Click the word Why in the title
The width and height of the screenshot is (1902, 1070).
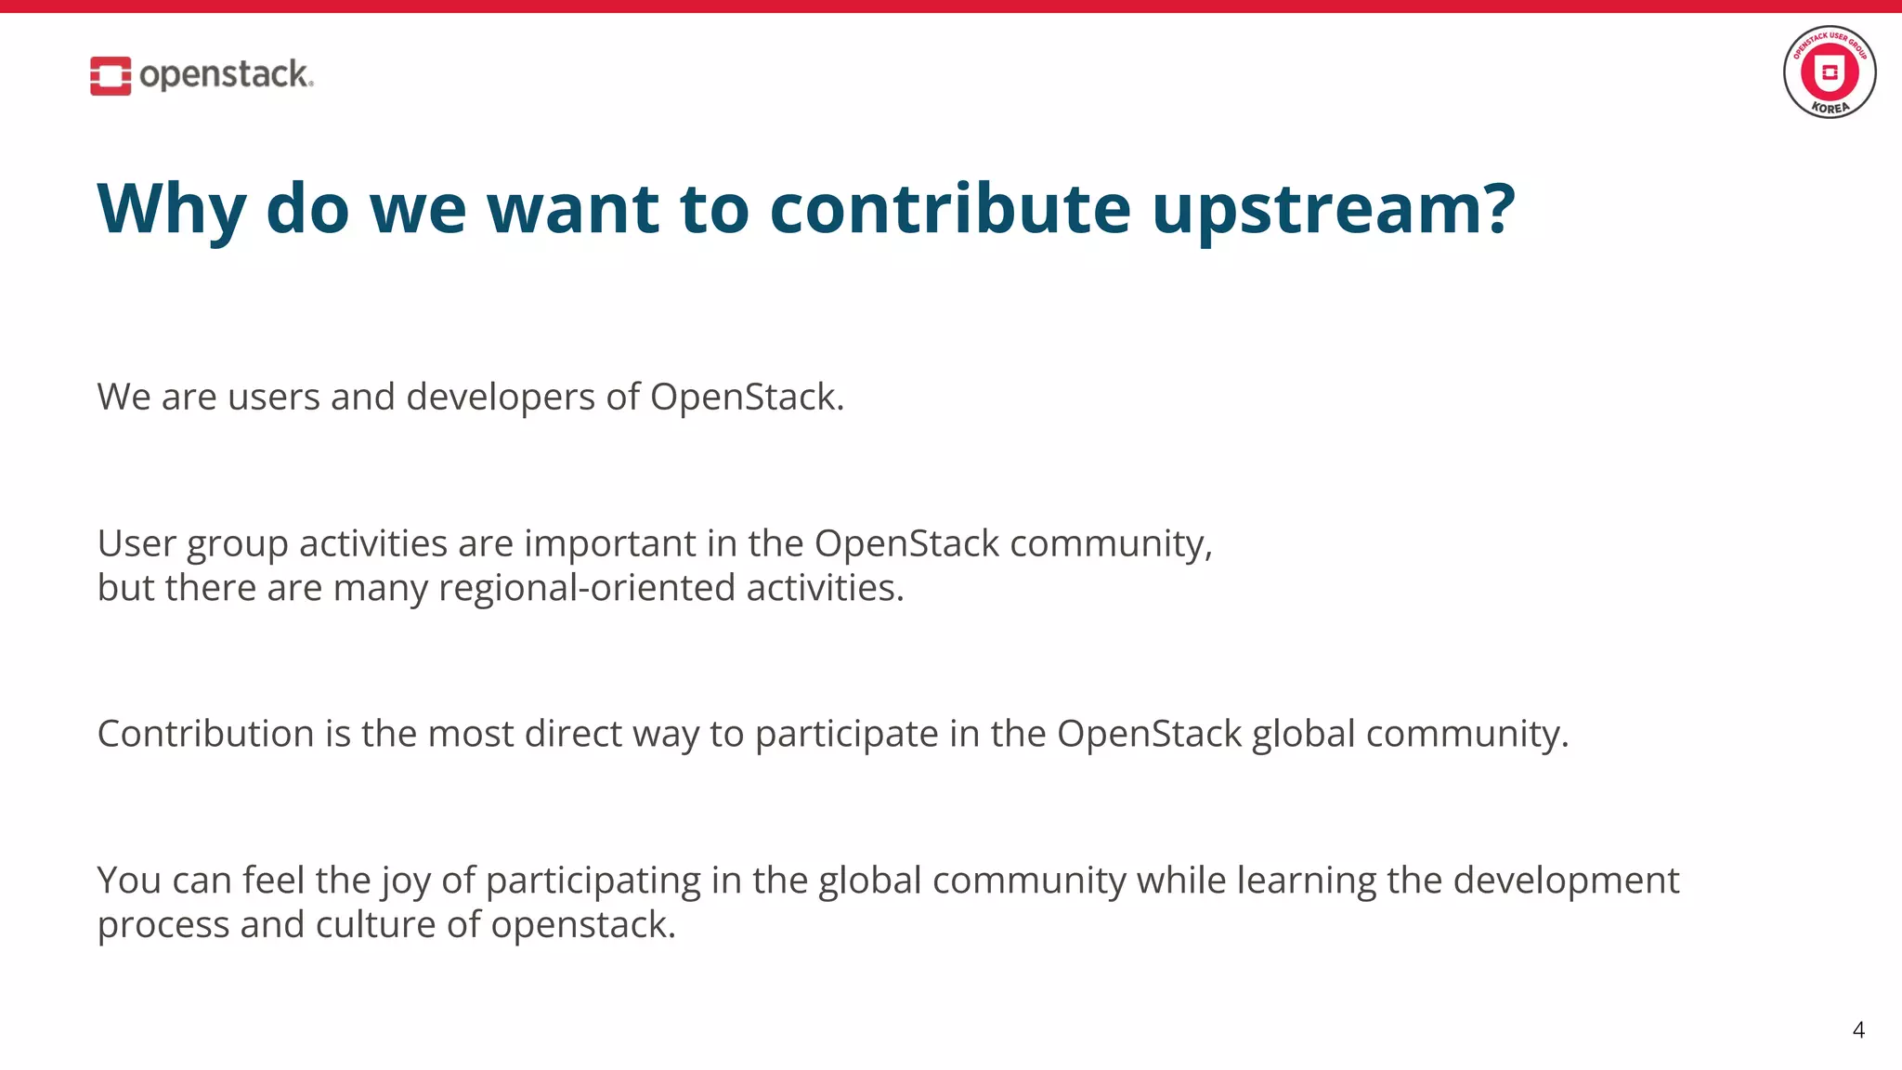pos(172,210)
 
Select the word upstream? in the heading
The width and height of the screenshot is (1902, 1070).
pos(1334,210)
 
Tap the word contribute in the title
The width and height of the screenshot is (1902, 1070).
pos(950,208)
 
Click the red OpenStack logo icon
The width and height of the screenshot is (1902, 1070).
pos(111,75)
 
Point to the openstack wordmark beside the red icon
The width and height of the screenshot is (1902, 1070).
pos(226,74)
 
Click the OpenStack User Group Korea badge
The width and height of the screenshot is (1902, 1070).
pos(1829,72)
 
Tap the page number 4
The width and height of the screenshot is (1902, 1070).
pos(1858,1030)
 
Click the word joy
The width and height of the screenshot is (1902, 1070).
pos(406,881)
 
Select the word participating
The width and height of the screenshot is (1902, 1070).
pos(593,881)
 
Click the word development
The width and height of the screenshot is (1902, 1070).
pos(1566,881)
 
